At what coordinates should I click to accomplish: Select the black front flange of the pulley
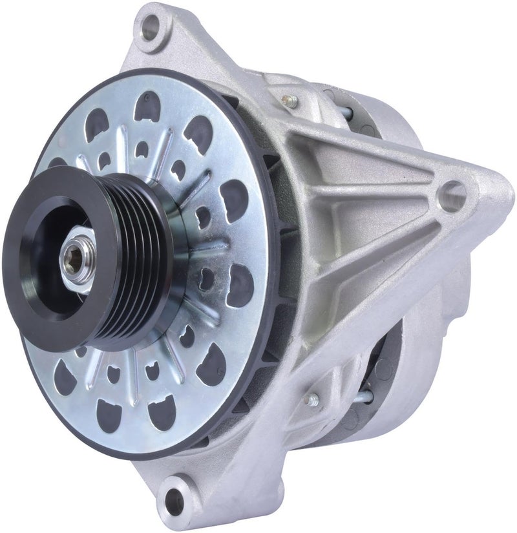(x=39, y=258)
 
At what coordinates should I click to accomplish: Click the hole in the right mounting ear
(x=452, y=192)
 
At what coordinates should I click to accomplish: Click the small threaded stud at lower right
(x=313, y=401)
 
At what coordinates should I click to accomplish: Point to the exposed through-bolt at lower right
(x=366, y=395)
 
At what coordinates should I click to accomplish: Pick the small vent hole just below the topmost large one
(x=142, y=149)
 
